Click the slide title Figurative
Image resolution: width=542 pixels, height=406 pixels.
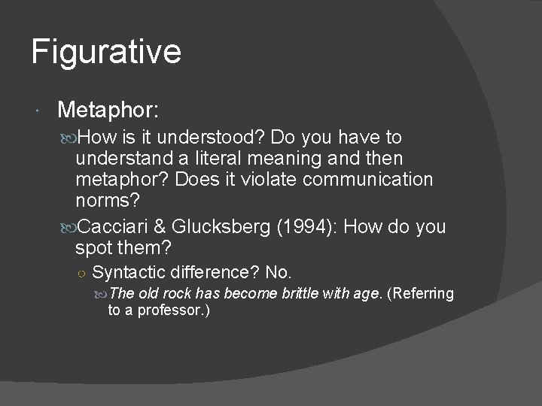[x=106, y=52]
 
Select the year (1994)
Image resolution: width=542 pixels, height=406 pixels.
[x=307, y=227]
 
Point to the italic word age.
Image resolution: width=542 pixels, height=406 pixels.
[x=367, y=294]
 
